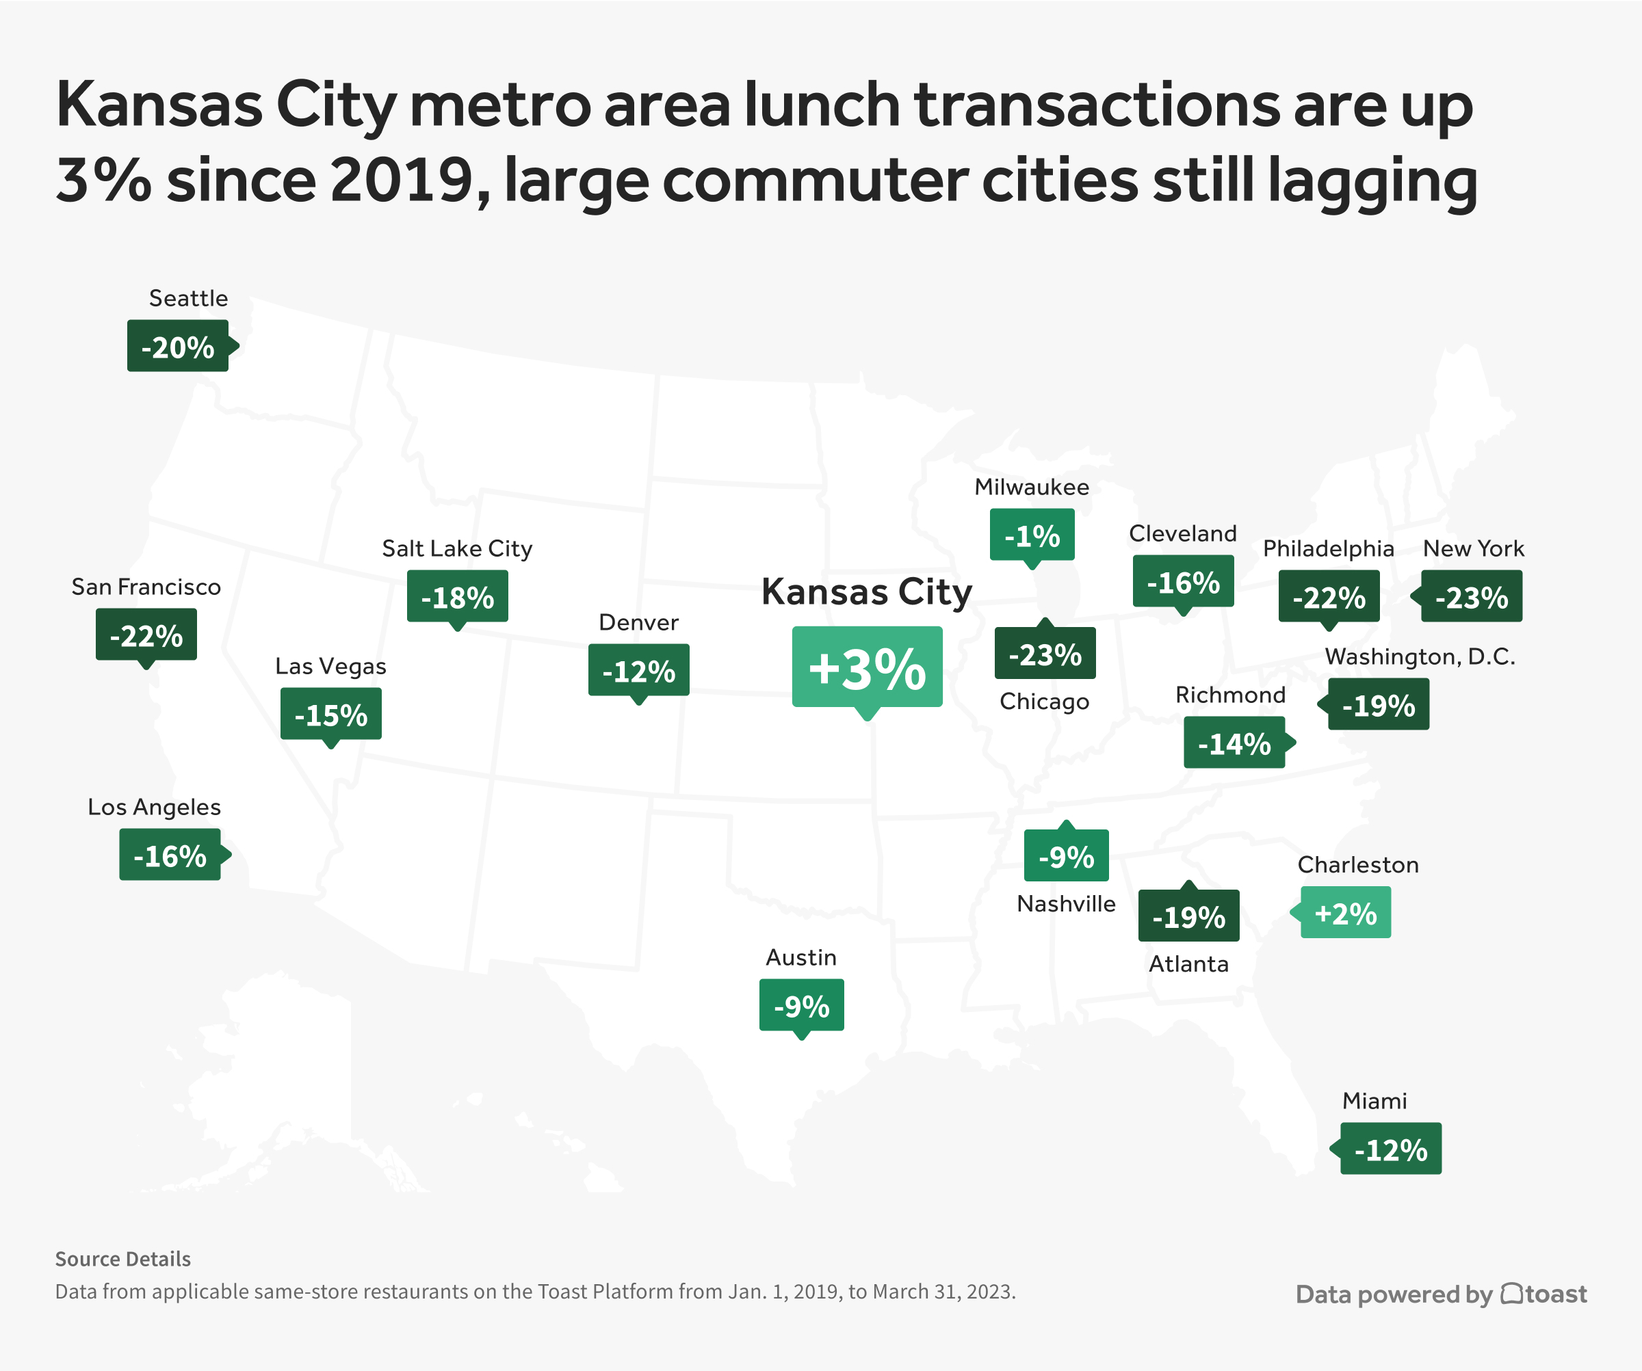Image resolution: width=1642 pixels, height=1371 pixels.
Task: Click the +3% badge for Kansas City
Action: tap(866, 667)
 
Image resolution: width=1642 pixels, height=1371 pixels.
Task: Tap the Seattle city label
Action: tap(188, 299)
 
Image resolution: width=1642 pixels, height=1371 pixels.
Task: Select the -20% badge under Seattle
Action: tap(179, 346)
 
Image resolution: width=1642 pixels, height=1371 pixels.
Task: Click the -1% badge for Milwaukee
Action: tap(1032, 535)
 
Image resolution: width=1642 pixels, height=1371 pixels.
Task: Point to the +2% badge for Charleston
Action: tap(1345, 912)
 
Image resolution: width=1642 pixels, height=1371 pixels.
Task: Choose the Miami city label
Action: tap(1374, 1102)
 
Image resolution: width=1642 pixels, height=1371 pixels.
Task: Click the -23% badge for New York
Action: tap(1471, 596)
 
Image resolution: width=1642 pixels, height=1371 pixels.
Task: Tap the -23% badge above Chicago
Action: tap(1045, 654)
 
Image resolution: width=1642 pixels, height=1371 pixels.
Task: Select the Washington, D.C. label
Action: tap(1419, 656)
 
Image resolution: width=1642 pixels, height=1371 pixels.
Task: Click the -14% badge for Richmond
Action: tap(1234, 743)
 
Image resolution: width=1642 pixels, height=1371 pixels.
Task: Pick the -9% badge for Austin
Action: tap(801, 1005)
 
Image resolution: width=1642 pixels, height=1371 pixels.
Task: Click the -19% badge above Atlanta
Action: tap(1188, 916)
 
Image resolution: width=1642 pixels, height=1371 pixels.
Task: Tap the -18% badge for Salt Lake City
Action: tap(458, 596)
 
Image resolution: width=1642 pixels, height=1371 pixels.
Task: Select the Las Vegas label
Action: tap(330, 667)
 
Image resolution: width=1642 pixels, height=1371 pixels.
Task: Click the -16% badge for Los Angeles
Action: tap(170, 855)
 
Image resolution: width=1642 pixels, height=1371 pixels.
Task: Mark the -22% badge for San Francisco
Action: tap(146, 635)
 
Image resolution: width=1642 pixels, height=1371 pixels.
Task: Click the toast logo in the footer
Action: tap(1543, 1294)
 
